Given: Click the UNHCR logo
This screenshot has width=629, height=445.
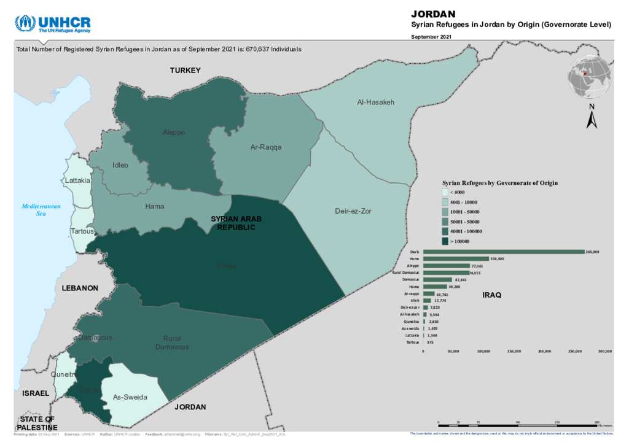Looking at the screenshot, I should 53,24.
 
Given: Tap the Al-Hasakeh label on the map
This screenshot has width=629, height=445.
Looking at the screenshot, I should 375,103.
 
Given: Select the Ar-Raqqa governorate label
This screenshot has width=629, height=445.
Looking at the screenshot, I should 267,147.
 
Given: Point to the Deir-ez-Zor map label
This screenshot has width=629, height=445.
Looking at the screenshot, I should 353,211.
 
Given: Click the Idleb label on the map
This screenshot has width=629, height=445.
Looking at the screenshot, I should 120,165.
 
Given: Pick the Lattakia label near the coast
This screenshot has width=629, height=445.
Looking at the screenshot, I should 78,181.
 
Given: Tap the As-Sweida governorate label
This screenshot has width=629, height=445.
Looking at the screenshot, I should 130,397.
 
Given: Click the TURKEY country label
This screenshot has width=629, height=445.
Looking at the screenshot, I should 186,71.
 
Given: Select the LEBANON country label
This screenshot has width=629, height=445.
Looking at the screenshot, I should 80,288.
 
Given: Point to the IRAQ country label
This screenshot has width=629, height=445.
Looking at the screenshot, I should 491,295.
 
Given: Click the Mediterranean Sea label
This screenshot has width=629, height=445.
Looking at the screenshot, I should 41,210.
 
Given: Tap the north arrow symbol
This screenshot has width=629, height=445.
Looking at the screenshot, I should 592,117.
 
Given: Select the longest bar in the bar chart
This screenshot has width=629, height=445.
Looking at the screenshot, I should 503,252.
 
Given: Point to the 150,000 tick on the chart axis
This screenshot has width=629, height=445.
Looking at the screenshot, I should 514,352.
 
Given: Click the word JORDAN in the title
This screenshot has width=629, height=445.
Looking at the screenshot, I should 432,14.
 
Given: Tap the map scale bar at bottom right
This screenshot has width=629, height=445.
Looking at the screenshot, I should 518,423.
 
